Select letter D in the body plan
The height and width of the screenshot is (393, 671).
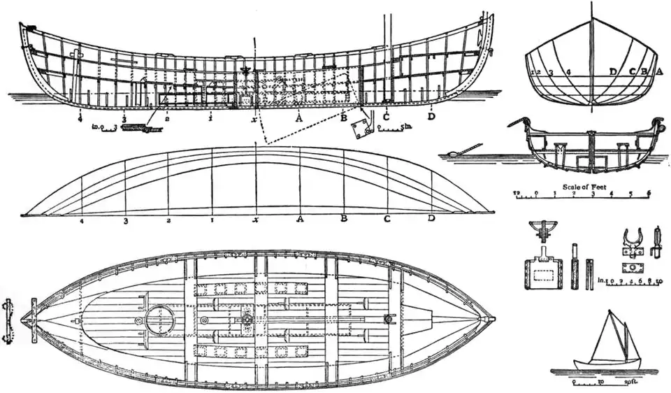[613, 71]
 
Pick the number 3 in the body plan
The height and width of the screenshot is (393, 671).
[551, 72]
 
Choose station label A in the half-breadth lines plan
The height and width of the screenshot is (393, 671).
[300, 220]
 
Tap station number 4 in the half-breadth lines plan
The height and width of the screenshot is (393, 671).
[82, 222]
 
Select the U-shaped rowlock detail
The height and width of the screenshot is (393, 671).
[630, 241]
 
